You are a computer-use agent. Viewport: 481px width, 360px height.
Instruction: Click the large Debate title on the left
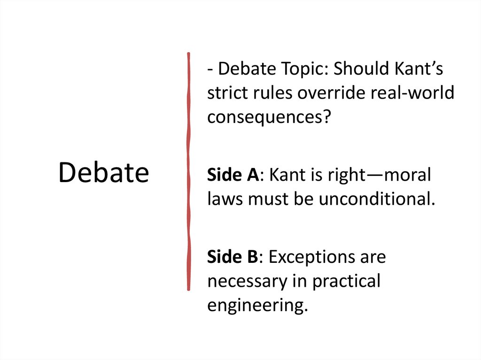coord(103,173)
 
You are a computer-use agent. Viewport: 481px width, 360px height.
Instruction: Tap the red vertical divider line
coord(189,171)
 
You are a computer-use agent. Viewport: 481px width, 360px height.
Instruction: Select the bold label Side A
coord(233,175)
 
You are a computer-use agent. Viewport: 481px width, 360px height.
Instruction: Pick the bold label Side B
coord(232,257)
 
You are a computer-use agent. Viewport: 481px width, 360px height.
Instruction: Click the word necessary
coord(254,281)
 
